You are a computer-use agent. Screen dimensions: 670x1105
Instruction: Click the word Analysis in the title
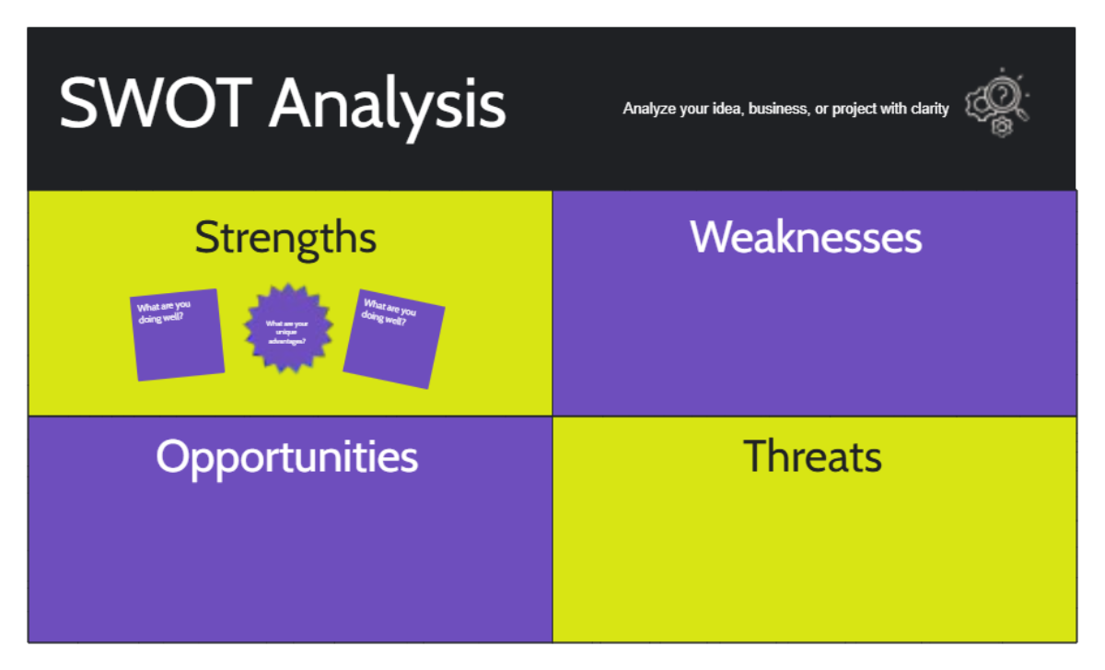388,104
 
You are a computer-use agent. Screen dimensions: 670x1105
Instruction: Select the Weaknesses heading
806,237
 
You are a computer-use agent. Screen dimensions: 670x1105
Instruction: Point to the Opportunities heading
286,456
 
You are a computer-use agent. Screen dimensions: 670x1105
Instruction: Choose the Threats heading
812,456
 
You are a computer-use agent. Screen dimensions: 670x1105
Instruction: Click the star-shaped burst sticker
287,328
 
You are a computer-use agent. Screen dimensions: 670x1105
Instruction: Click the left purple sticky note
179,346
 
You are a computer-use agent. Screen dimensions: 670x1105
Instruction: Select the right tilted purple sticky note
394,350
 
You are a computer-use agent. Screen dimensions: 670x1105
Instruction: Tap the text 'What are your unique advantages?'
287,332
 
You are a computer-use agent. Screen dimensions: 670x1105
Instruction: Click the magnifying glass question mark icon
1004,94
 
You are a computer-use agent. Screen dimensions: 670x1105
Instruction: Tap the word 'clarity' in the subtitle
928,109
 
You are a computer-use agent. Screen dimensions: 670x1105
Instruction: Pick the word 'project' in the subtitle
855,109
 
